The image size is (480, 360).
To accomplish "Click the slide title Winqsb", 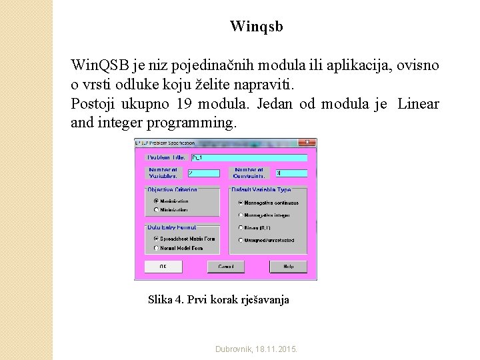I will pos(256,27).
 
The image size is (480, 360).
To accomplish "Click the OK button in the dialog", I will pos(162,266).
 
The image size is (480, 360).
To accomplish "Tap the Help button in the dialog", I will pos(287,266).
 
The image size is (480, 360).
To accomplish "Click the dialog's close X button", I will pos(307,143).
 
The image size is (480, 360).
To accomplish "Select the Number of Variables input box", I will pos(203,173).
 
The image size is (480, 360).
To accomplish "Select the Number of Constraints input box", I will pos(291,173).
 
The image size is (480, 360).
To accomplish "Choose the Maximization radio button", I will pos(157,201).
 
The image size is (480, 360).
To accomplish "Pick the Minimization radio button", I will pos(157,209).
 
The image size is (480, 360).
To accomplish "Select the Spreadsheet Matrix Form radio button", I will pos(157,238).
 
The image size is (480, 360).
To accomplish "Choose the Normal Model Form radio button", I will pos(157,248).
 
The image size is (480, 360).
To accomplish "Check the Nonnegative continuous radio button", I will pos(241,203).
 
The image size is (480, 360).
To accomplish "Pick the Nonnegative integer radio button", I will pos(241,215).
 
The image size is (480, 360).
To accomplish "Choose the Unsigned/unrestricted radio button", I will pos(241,240).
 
